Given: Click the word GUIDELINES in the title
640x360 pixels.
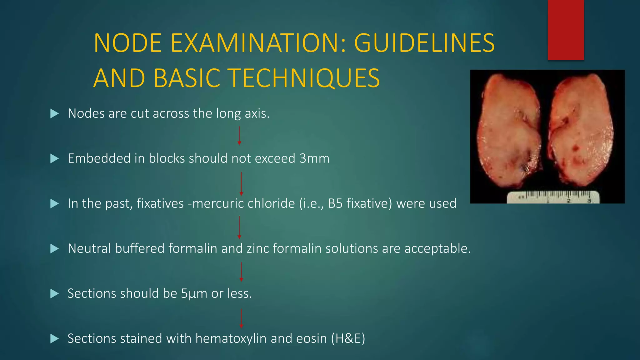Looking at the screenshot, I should [x=424, y=43].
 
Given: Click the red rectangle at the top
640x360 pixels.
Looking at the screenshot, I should [x=566, y=30].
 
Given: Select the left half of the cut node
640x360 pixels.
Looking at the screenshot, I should [x=509, y=131].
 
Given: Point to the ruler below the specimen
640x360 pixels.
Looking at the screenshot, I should [x=553, y=197].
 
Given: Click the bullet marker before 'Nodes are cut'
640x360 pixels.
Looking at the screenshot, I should [x=54, y=114].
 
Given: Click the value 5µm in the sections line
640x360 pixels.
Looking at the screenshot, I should [x=194, y=294].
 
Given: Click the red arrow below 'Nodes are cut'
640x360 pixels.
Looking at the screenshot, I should [x=239, y=136].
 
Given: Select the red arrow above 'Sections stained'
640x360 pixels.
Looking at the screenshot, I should [x=241, y=318].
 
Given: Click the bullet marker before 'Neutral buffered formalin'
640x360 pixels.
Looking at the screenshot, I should [x=54, y=249].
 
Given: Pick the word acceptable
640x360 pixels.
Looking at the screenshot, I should [x=437, y=248].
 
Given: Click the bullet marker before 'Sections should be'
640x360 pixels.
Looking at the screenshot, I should [x=54, y=294].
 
